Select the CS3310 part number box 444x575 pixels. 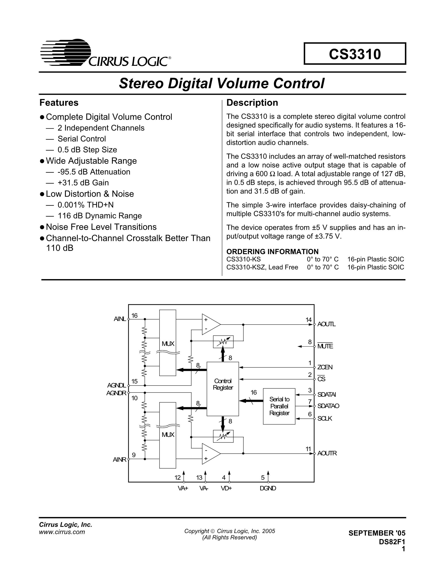coord(355,54)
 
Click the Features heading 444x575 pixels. coord(59,103)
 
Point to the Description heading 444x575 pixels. coord(252,103)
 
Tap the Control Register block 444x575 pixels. coord(223,389)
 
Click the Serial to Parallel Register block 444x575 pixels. coord(279,406)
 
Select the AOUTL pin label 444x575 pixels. coord(327,324)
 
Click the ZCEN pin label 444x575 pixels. coord(325,367)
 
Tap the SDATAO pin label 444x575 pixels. coord(328,406)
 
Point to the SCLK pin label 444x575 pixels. coord(325,418)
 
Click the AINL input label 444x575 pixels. coord(120,319)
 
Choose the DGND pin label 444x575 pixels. coord(268,488)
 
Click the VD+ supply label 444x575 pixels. coord(226,488)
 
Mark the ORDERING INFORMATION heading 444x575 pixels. coord(273,251)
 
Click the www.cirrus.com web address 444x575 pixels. coord(62,532)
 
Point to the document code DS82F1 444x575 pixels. coord(392,541)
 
